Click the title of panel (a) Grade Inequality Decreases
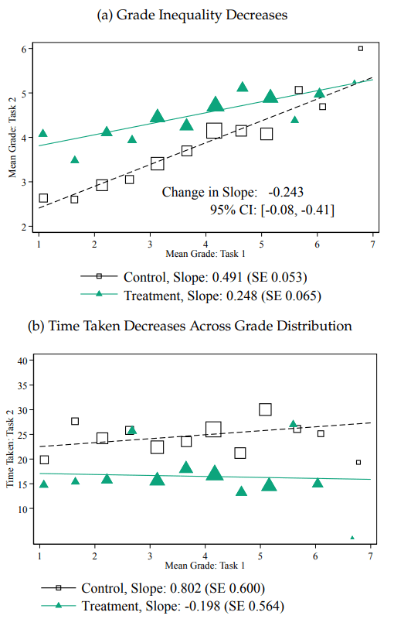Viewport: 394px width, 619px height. (x=192, y=15)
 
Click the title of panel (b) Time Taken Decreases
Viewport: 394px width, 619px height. (x=190, y=326)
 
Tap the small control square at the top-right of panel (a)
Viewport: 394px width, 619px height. (x=361, y=49)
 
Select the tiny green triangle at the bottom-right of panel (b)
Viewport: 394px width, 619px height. (x=352, y=538)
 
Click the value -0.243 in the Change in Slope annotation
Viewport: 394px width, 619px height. (x=286, y=192)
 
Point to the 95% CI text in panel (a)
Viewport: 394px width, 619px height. (x=272, y=210)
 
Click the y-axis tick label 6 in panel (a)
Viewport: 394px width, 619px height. (x=24, y=49)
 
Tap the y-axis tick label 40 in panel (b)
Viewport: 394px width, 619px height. (x=22, y=361)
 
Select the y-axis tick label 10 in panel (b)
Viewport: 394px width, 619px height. (x=22, y=509)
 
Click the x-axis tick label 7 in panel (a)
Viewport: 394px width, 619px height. (x=372, y=245)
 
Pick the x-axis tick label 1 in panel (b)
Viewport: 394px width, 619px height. (x=39, y=556)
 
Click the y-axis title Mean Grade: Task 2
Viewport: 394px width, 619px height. (x=12, y=138)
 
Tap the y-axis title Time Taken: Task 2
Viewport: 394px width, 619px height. (x=10, y=449)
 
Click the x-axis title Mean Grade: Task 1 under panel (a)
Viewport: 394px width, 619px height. (x=205, y=254)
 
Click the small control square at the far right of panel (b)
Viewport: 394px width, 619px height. (x=358, y=462)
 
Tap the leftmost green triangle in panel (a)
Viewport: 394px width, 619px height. (x=43, y=133)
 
